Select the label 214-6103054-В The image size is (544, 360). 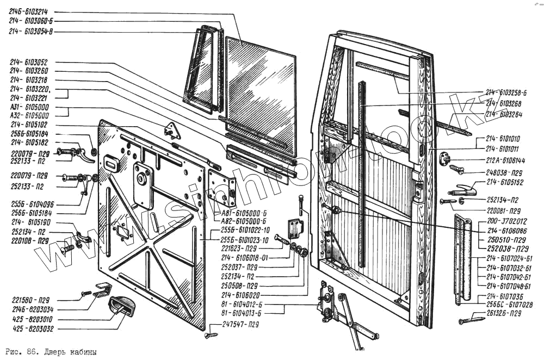click(x=32, y=32)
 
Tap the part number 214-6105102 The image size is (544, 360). click(x=29, y=125)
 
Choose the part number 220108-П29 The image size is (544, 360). click(x=29, y=240)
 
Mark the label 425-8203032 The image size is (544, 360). click(x=29, y=329)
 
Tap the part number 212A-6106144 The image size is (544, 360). click(x=505, y=161)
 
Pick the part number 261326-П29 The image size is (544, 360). click(x=506, y=313)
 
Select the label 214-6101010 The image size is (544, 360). click(x=503, y=139)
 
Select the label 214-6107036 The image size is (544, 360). click(x=505, y=296)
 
